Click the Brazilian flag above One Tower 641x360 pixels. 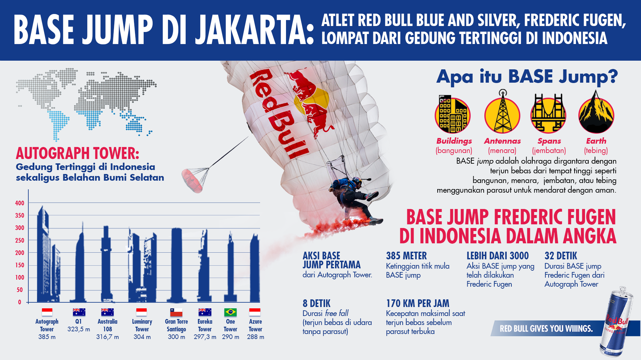click(230, 312)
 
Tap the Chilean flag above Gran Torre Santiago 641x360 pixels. click(176, 312)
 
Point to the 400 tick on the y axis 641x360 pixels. click(20, 203)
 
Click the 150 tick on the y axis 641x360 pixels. click(20, 265)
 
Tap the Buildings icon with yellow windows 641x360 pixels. click(453, 115)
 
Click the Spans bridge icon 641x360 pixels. click(548, 114)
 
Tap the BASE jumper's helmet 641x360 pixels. click(357, 181)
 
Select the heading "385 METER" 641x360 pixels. click(406, 256)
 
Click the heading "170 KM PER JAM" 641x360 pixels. click(418, 303)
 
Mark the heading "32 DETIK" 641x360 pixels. click(561, 256)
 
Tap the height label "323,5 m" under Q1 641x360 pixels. click(79, 329)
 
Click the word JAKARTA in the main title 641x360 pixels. click(255, 30)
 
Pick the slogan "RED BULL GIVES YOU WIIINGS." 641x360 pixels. click(546, 329)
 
